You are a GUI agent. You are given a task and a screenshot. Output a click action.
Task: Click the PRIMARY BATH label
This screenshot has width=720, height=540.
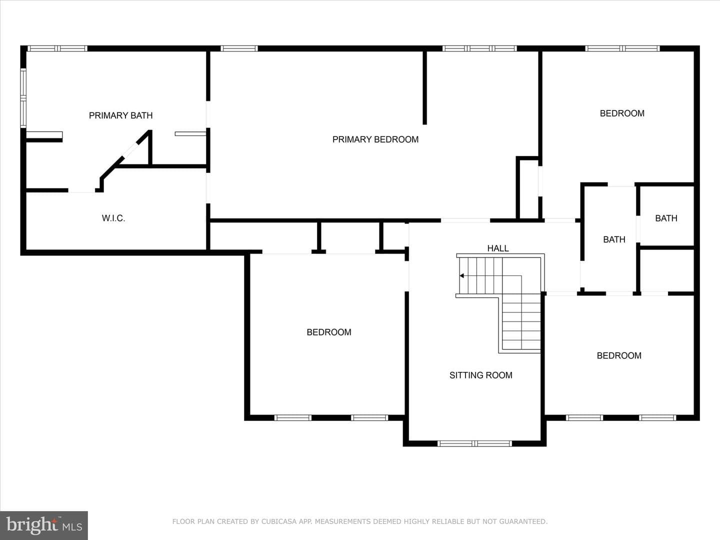click(120, 115)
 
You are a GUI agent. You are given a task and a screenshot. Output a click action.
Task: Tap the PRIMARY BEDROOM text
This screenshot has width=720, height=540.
click(375, 139)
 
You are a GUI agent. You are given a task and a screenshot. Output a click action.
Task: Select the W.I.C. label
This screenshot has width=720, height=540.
click(113, 218)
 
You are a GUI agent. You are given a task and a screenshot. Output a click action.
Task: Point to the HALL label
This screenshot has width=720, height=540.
click(497, 248)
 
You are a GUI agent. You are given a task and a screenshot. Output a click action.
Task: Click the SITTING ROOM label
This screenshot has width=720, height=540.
click(480, 375)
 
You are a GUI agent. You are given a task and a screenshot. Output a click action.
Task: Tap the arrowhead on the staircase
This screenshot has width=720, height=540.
click(461, 275)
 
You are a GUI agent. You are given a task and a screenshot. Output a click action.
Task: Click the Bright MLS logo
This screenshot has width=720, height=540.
click(44, 525)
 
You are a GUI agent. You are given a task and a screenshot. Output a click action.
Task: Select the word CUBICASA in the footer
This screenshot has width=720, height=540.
click(279, 521)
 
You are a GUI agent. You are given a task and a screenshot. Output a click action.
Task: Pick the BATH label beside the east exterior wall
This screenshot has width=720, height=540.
click(666, 218)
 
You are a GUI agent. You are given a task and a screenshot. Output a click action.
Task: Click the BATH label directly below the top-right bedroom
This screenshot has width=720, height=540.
click(614, 239)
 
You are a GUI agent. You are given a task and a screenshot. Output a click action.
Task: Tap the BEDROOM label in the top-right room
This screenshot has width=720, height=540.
click(622, 113)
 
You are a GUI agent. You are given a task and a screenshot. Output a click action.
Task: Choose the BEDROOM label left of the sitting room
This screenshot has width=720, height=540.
click(328, 332)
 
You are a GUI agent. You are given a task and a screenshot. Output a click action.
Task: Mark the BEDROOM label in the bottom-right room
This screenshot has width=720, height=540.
click(619, 355)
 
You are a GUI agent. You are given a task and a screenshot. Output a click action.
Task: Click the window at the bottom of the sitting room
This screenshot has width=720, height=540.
click(474, 443)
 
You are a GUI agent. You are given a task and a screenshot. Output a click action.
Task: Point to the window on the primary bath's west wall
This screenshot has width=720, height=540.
click(23, 97)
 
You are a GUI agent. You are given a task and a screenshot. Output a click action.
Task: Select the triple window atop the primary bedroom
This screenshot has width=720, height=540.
click(479, 48)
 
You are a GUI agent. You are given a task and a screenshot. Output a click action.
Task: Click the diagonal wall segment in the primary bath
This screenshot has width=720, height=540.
click(125, 154)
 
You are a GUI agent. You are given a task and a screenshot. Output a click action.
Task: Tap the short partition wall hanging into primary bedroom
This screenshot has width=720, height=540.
click(425, 88)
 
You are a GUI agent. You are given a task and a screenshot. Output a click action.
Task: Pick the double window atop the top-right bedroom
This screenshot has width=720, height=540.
click(622, 48)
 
